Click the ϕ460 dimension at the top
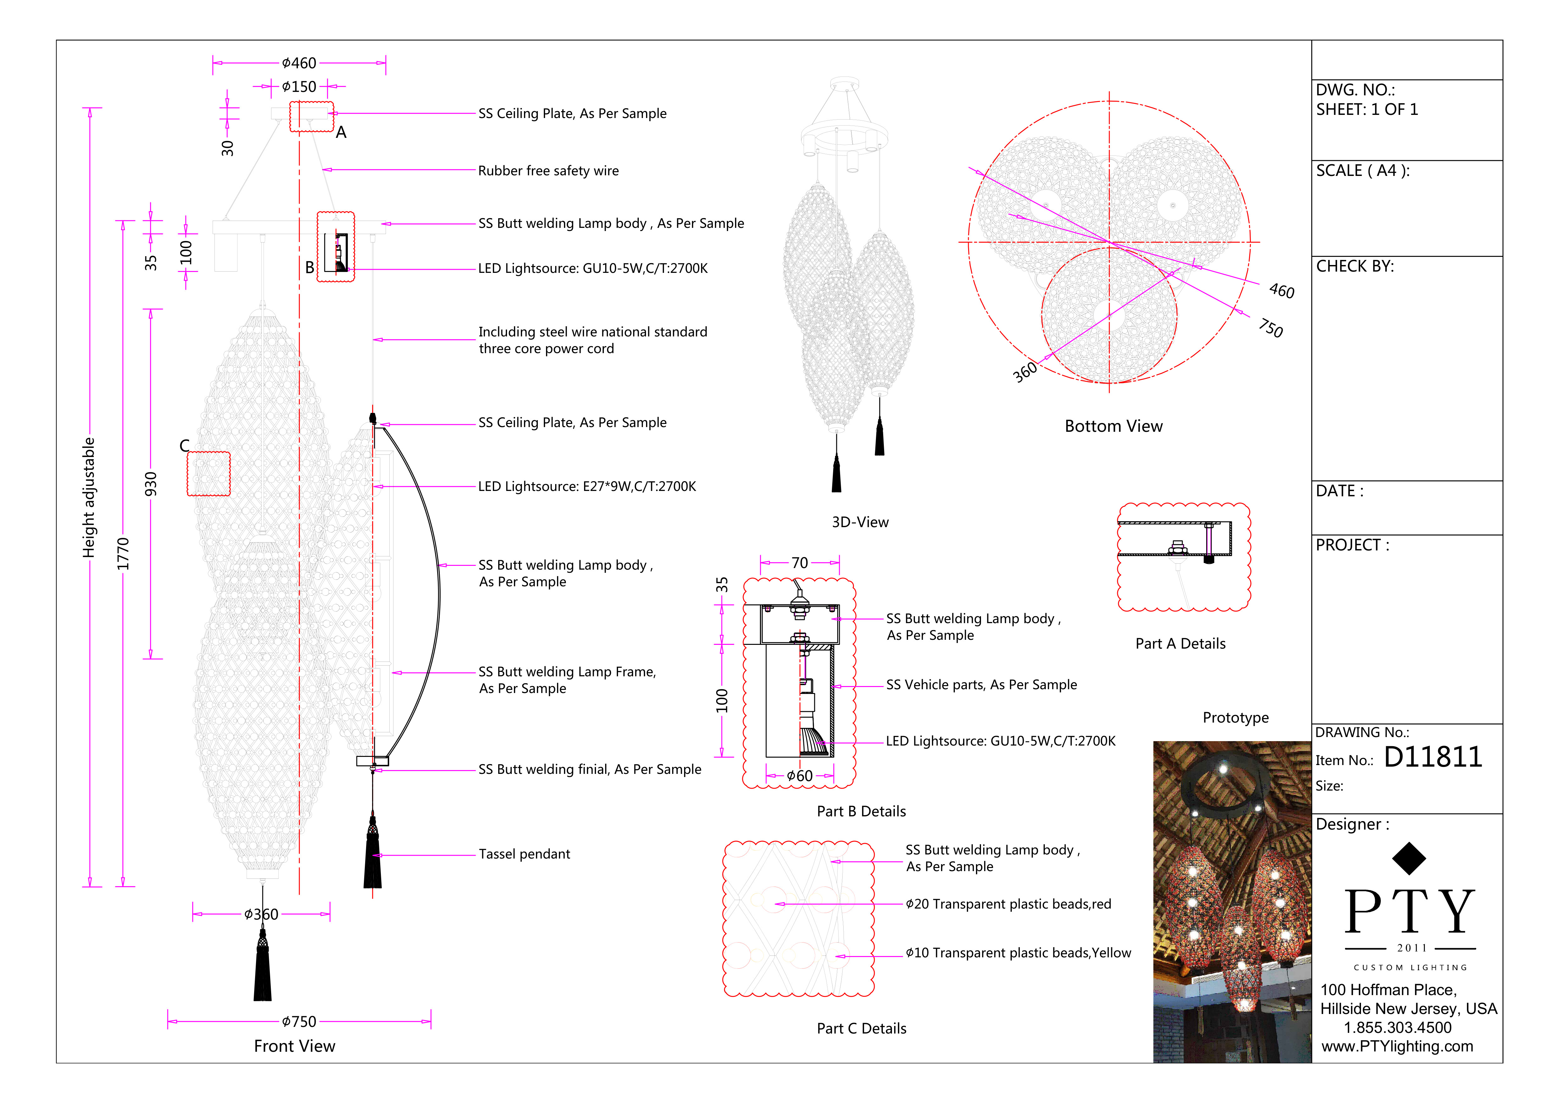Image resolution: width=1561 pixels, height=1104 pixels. [x=299, y=63]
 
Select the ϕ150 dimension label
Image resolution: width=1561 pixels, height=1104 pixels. [x=299, y=87]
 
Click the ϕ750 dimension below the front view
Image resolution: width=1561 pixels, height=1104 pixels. [x=299, y=1022]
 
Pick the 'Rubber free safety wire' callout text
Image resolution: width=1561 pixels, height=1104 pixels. [x=548, y=171]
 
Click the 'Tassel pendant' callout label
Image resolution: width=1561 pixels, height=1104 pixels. [x=524, y=854]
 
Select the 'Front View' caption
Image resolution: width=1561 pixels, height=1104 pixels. [x=294, y=1046]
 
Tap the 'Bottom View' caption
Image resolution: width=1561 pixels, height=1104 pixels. [x=1114, y=426]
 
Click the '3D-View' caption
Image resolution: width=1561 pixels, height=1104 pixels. [x=860, y=522]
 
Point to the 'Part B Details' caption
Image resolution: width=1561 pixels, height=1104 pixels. [x=861, y=812]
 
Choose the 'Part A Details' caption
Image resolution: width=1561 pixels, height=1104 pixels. [x=1180, y=644]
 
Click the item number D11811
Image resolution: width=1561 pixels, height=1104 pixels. [x=1432, y=757]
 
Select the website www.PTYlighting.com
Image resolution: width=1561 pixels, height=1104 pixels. [x=1397, y=1046]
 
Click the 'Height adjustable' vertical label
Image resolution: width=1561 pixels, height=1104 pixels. [x=89, y=498]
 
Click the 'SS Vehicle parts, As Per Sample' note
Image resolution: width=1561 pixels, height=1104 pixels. [x=981, y=685]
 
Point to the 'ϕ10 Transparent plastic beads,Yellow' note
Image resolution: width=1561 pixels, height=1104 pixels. [x=1018, y=953]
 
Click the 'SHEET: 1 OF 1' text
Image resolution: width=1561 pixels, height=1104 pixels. [x=1367, y=110]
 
